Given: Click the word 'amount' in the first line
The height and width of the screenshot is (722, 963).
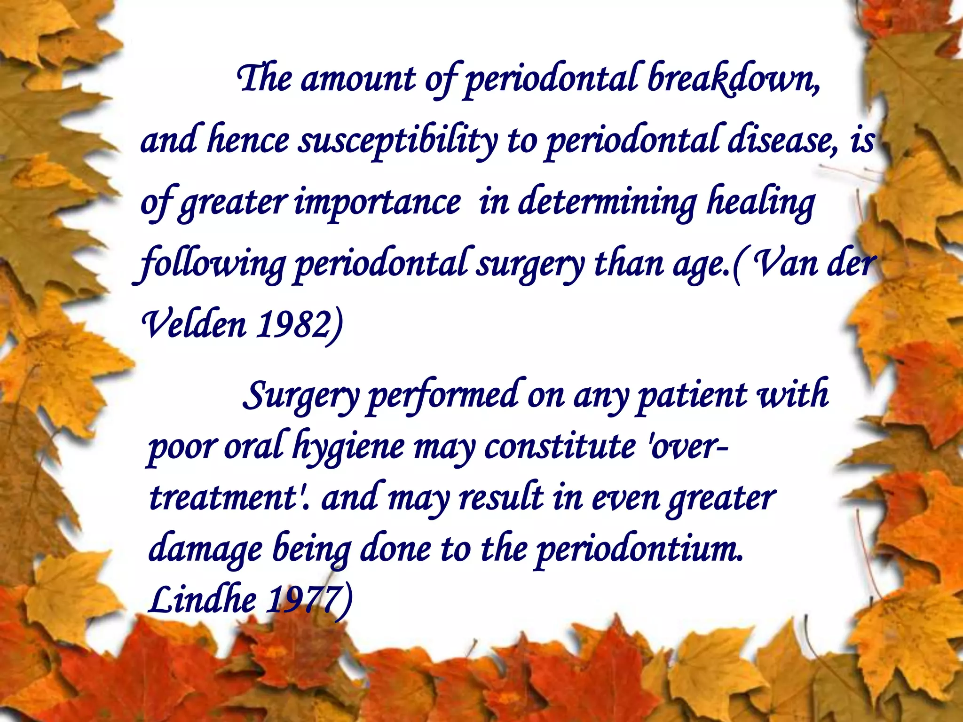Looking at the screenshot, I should (x=358, y=79).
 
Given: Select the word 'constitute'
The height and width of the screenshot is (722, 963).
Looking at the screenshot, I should (x=560, y=447).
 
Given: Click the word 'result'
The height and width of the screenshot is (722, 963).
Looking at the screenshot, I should (x=501, y=498).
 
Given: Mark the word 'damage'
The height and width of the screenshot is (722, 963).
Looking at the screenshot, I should (x=205, y=550).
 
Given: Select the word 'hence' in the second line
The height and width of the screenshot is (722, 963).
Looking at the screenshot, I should (x=248, y=141).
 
